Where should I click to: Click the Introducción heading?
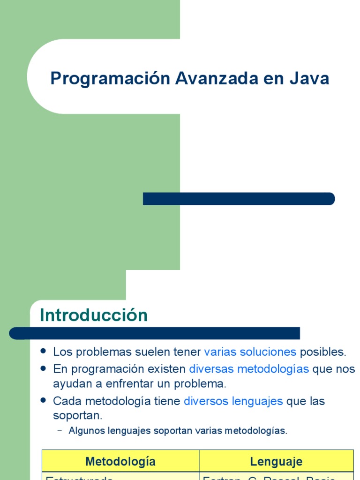(94, 315)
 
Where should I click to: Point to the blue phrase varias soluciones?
(250, 352)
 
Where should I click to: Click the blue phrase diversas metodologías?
(249, 369)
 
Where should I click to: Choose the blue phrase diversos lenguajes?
(233, 401)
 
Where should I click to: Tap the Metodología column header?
(120, 461)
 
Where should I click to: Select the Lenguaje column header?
(276, 461)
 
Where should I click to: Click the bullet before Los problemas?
(44, 351)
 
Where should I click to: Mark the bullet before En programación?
(44, 368)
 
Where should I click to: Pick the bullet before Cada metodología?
(44, 401)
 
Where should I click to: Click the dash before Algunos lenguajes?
(60, 430)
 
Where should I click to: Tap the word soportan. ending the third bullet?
(77, 416)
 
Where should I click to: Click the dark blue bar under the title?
(239, 199)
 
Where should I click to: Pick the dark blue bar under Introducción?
(155, 333)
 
